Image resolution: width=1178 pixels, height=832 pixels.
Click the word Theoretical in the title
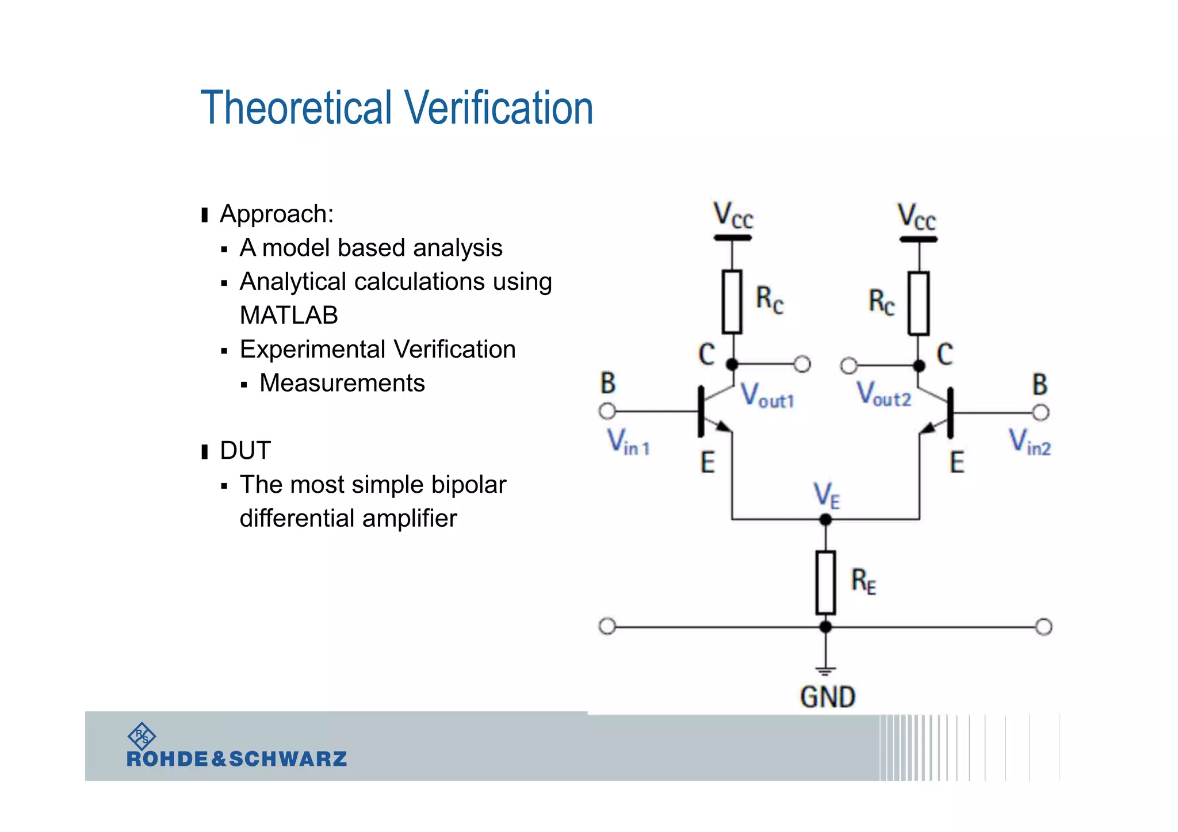[296, 108]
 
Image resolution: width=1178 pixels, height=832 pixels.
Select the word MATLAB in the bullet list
[289, 315]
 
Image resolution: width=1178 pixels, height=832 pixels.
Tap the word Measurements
[342, 383]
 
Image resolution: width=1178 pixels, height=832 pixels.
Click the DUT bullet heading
[245, 450]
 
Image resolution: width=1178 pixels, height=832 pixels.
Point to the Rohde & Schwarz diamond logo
[141, 735]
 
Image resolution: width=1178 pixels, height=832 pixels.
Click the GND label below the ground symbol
[827, 697]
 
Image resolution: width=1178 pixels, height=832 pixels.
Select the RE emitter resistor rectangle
[825, 582]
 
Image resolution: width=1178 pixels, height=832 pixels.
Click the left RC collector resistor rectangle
[732, 302]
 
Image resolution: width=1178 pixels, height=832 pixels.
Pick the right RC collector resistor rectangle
[919, 304]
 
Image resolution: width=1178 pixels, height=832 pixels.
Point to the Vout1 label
[767, 396]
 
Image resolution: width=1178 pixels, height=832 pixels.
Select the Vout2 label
[883, 395]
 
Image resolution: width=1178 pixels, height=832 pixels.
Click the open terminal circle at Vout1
[802, 364]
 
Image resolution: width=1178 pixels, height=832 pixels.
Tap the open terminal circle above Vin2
[1041, 412]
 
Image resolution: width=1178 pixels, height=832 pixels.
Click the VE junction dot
[825, 520]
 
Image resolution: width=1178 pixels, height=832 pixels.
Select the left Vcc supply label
[733, 216]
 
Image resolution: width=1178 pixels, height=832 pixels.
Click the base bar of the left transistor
[701, 411]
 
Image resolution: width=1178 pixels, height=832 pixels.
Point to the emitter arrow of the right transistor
[928, 428]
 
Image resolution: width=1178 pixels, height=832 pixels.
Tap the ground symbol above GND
[825, 670]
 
